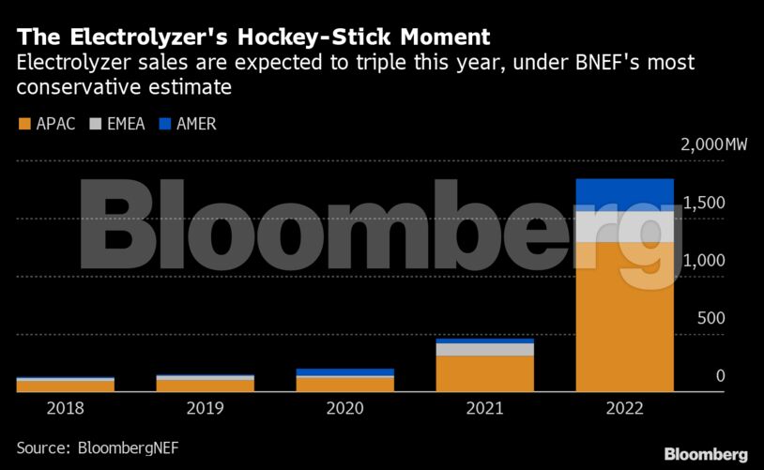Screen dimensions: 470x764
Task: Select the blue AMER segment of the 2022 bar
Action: point(624,194)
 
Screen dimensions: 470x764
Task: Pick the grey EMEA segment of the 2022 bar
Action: point(624,227)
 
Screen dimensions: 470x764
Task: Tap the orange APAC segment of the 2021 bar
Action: point(485,373)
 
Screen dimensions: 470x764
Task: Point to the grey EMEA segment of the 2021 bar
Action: point(485,350)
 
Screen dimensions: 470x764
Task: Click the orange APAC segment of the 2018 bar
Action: point(65,386)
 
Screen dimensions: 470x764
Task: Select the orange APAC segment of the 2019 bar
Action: point(205,386)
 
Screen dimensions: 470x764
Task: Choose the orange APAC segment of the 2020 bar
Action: point(344,384)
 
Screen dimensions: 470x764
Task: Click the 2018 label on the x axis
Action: point(65,409)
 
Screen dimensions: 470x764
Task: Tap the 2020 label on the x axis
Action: point(344,409)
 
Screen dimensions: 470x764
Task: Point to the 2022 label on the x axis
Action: point(624,409)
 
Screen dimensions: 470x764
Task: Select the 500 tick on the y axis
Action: point(710,319)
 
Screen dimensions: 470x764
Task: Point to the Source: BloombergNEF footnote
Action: point(97,447)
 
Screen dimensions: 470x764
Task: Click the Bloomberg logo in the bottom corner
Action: point(706,454)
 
